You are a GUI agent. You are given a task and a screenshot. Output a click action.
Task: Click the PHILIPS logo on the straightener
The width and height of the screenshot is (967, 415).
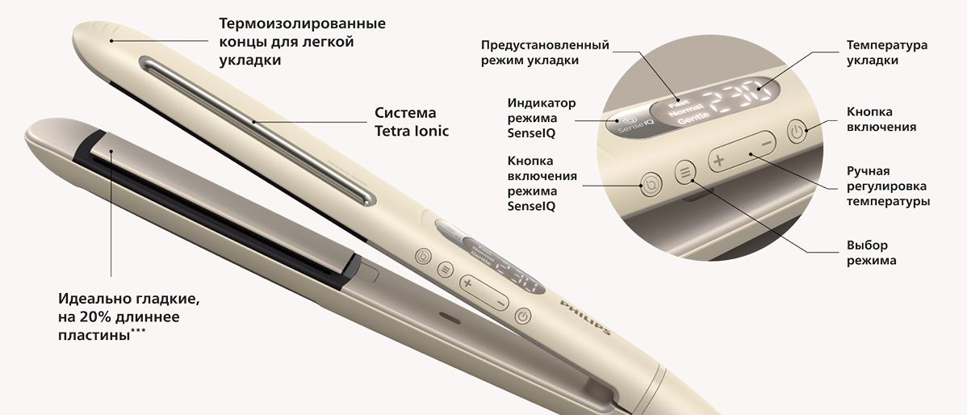[x=585, y=317]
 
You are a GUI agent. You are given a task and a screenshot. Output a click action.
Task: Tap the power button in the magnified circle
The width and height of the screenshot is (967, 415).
[x=797, y=132]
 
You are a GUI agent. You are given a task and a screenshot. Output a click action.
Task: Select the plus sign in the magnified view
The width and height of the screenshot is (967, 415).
[x=718, y=161]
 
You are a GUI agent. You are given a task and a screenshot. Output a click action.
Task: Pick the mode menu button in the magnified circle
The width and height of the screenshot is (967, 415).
[x=684, y=172]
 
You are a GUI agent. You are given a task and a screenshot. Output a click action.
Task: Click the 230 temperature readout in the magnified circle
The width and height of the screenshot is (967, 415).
[x=741, y=98]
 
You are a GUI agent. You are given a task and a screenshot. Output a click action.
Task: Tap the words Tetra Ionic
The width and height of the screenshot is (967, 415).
[x=412, y=131]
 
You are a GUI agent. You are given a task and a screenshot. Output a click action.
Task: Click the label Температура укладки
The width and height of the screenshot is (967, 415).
[x=886, y=52]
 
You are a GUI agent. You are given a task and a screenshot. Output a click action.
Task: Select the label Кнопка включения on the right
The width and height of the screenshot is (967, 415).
[x=881, y=119]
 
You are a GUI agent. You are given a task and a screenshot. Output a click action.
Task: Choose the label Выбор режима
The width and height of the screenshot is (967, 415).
[x=872, y=253]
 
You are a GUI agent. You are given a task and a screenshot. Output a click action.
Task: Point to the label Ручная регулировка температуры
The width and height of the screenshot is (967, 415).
[x=888, y=187]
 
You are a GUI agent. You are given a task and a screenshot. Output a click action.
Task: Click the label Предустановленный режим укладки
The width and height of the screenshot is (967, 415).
[x=545, y=52]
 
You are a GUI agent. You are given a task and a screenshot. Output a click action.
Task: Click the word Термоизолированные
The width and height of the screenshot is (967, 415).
[x=302, y=24]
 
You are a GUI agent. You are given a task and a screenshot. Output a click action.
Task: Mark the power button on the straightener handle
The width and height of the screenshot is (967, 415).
[x=523, y=316]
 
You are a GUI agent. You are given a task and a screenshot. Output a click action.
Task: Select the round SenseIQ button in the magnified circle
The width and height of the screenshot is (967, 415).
[x=651, y=184]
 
